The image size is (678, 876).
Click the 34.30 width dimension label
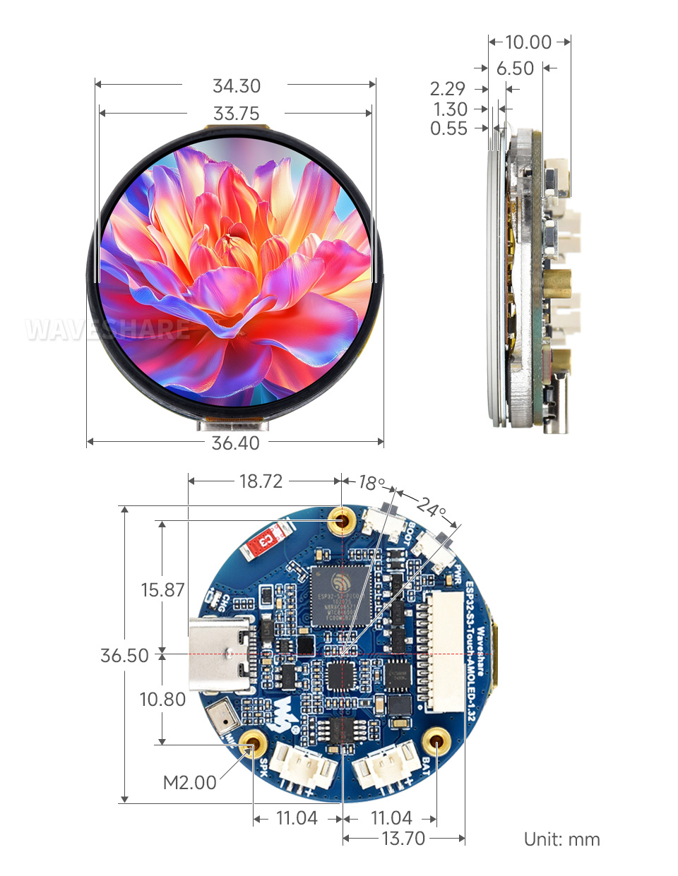[237, 86]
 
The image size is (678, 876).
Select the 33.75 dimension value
[237, 114]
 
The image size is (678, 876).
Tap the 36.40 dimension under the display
[236, 443]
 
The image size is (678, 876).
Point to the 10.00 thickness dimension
[528, 42]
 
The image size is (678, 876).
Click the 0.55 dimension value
[448, 128]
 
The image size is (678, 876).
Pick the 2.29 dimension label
[448, 89]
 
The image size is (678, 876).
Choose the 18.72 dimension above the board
[261, 481]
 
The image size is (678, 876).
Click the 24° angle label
[431, 507]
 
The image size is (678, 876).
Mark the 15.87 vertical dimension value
[162, 590]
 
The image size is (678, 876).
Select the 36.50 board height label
[124, 656]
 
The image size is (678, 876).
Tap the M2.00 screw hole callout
[189, 783]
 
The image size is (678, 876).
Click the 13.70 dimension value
[403, 839]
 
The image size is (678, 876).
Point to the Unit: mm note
[561, 839]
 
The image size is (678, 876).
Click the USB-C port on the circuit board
[221, 654]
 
